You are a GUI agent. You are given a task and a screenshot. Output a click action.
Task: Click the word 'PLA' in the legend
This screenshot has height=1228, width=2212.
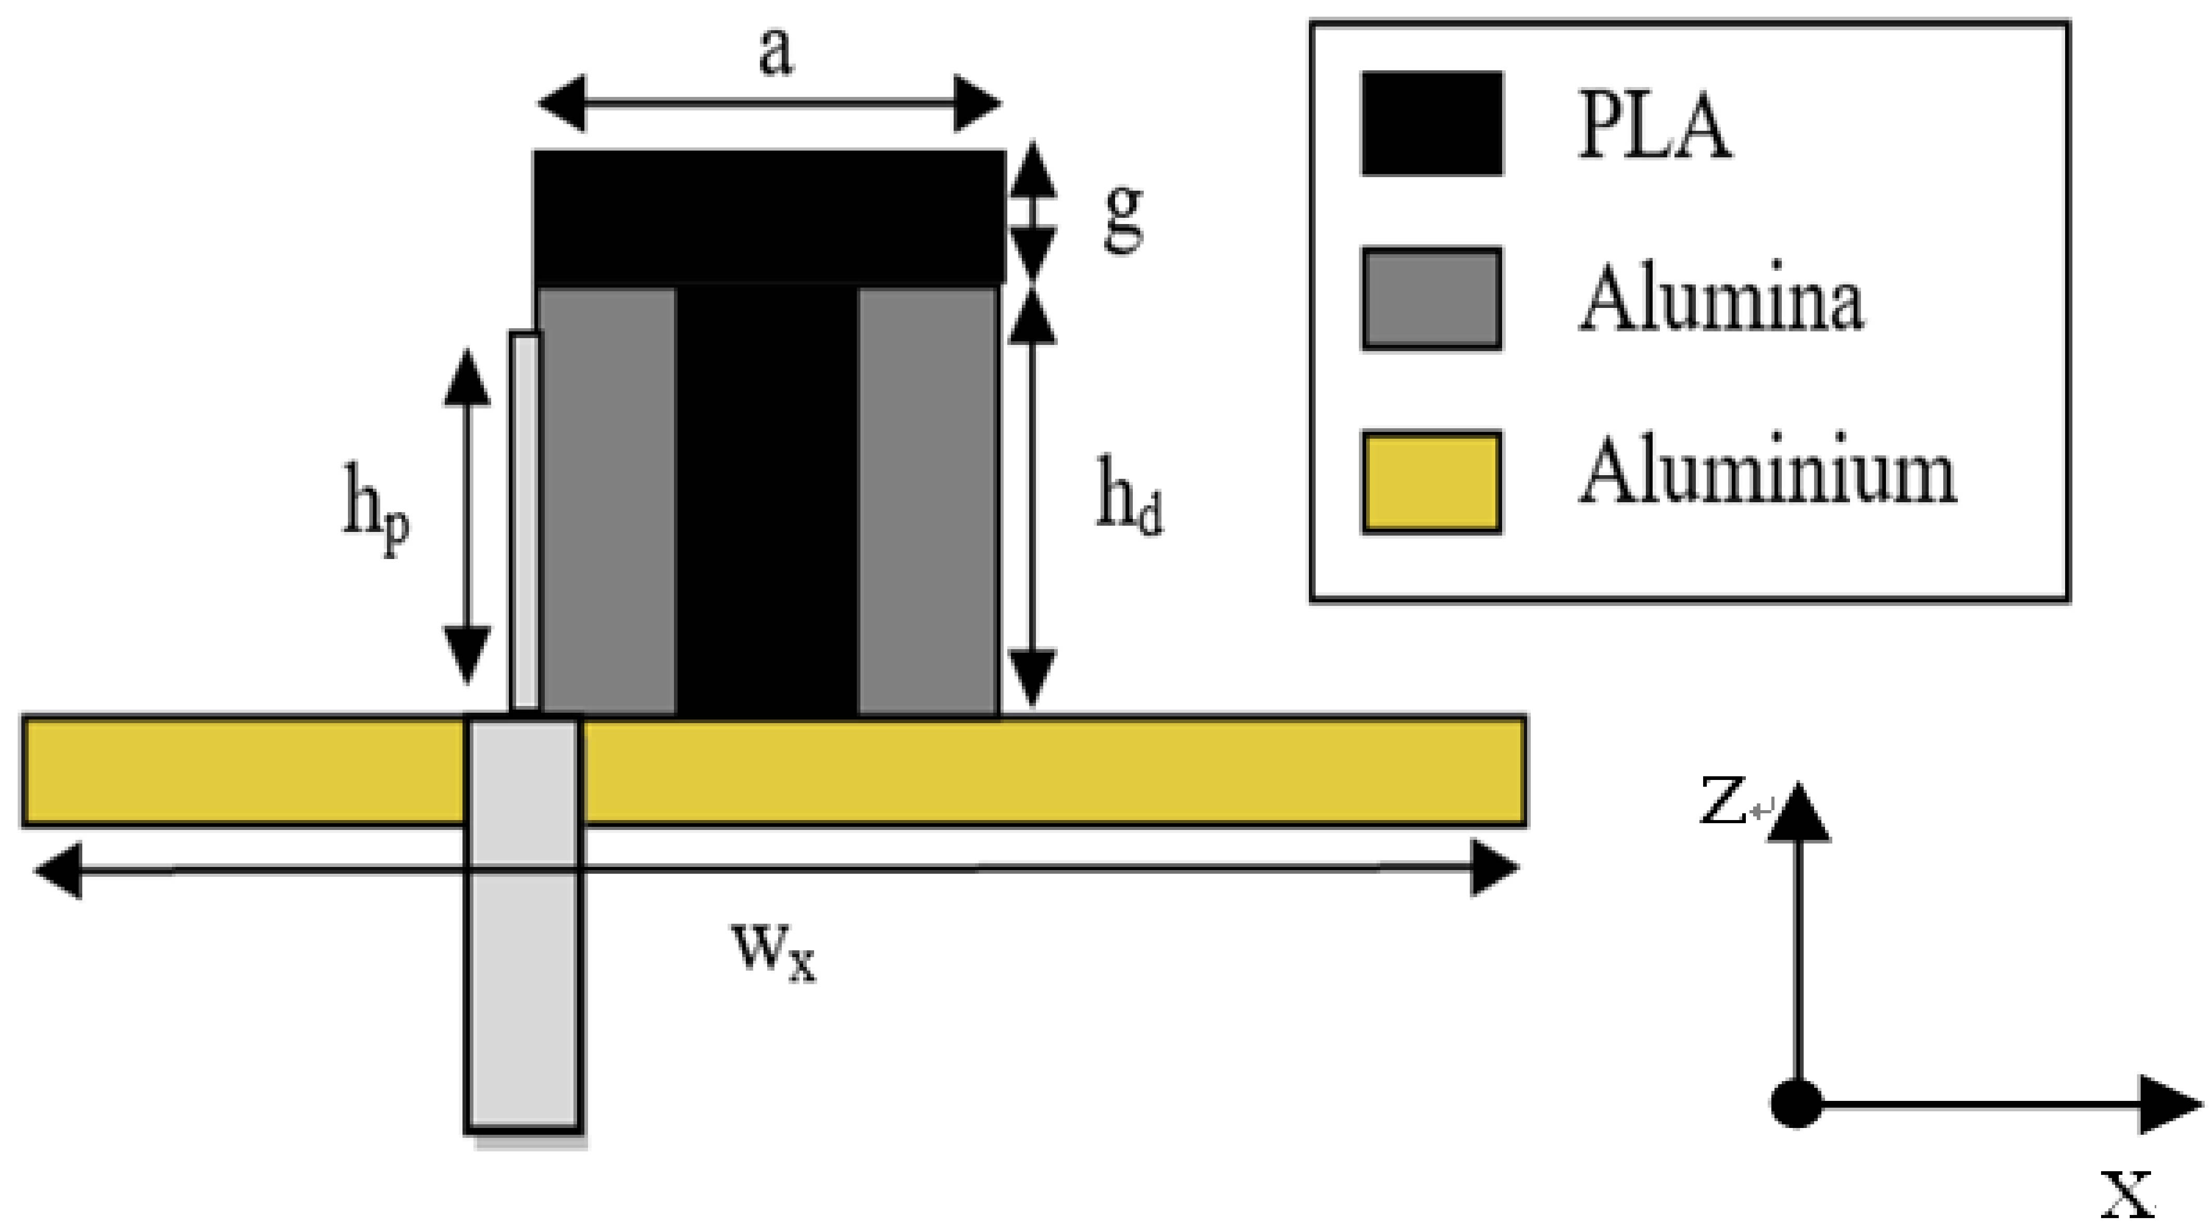1654,129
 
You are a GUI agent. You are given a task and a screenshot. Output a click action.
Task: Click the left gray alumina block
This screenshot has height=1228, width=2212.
607,502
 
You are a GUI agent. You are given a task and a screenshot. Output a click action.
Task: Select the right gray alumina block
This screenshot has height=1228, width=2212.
928,502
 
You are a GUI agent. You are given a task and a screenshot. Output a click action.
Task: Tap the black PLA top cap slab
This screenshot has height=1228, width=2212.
769,216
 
